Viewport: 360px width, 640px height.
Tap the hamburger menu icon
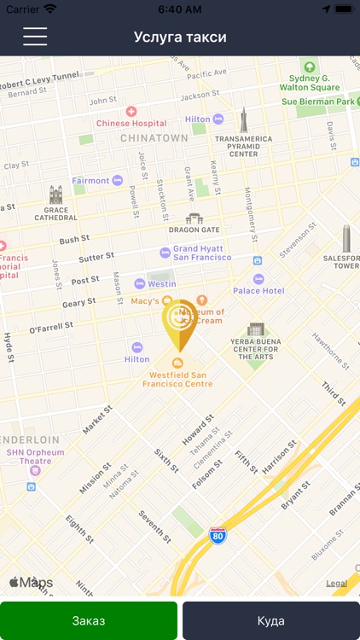(35, 37)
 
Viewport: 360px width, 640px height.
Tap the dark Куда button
(270, 620)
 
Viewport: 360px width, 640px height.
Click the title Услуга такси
(180, 38)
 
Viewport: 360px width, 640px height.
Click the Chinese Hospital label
(131, 123)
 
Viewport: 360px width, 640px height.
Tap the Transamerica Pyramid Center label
(243, 146)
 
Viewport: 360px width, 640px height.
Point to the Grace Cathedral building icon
(56, 195)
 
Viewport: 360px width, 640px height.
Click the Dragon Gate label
(195, 229)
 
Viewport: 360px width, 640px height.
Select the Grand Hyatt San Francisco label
(202, 253)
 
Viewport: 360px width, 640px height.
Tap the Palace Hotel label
(258, 290)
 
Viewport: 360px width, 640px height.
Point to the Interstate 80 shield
(218, 535)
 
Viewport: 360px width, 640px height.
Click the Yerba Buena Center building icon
(256, 329)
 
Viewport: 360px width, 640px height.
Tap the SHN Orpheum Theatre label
(35, 457)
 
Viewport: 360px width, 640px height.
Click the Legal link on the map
(336, 584)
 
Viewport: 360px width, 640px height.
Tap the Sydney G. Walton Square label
(310, 82)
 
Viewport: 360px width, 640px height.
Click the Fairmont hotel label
(91, 181)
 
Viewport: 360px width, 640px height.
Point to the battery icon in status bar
(343, 9)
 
